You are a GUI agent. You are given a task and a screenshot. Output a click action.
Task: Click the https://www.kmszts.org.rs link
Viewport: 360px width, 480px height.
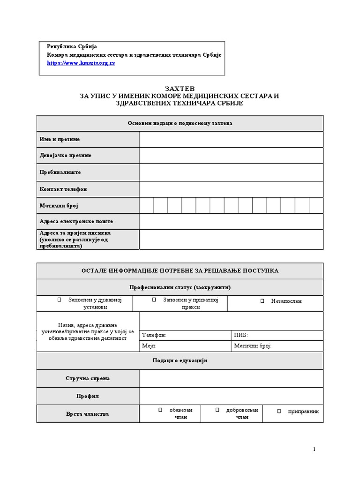click(81, 63)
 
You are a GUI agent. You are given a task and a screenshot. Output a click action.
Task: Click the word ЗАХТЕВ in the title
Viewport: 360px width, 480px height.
click(180, 89)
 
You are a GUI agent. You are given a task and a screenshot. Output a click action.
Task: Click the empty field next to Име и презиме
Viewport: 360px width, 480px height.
click(231, 140)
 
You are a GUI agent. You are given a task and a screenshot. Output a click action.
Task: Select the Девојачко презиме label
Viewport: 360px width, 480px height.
click(66, 156)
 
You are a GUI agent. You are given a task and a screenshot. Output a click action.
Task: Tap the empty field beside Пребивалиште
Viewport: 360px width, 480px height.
click(231, 172)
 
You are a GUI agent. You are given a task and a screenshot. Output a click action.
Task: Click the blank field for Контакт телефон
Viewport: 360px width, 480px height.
click(231, 189)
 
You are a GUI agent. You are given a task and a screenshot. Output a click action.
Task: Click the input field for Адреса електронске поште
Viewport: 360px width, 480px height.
click(231, 221)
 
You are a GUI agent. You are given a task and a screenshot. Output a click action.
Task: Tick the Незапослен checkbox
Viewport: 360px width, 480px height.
click(262, 301)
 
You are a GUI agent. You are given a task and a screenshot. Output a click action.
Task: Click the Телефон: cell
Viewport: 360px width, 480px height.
click(186, 336)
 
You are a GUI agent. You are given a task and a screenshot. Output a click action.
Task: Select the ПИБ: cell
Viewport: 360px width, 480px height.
click(277, 336)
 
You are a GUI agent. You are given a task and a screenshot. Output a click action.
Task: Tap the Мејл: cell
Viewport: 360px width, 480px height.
click(186, 346)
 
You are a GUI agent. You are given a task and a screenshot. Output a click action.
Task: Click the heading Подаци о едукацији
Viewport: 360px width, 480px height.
click(180, 361)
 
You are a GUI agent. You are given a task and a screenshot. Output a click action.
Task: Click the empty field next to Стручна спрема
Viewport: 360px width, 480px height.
click(231, 378)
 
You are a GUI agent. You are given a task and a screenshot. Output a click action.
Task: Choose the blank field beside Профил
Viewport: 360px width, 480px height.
click(231, 396)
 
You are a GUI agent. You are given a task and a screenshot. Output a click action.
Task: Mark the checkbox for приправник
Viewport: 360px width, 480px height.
click(279, 412)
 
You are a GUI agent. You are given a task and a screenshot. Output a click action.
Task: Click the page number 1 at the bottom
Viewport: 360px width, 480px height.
click(314, 450)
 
